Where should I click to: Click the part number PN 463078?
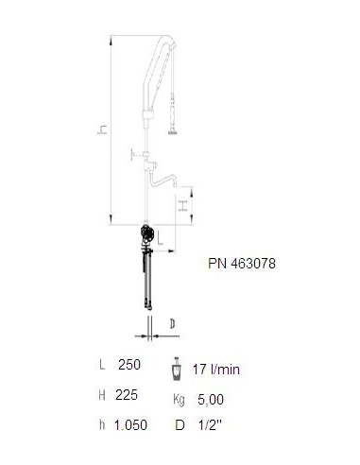(242, 264)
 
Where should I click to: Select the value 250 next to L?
(129, 365)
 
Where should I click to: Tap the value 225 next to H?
(127, 395)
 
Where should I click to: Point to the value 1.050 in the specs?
(130, 425)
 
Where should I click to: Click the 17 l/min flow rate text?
(216, 370)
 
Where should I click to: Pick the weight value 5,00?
(211, 400)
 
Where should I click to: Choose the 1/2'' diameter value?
(210, 425)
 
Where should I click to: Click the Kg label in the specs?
(179, 400)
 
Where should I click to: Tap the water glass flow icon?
(177, 369)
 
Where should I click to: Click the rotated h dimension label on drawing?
(102, 129)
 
